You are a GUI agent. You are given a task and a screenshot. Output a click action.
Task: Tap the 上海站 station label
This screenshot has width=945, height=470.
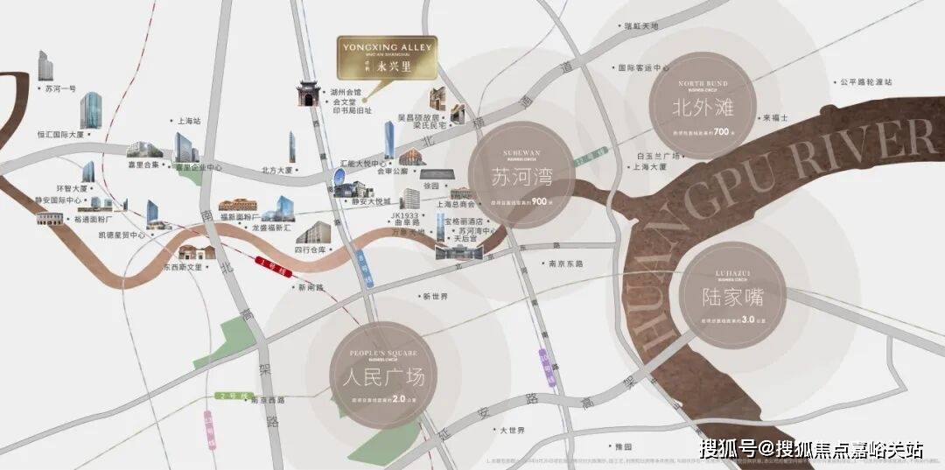(188, 122)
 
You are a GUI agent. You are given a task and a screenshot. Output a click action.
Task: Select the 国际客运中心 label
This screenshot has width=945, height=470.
(643, 67)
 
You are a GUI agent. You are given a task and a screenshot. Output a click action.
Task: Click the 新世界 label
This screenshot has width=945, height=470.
(435, 297)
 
